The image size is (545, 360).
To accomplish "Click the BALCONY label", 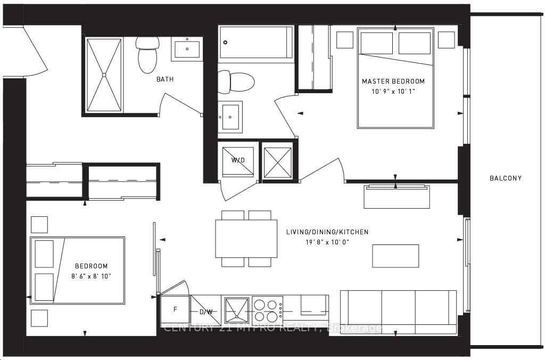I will [x=505, y=178].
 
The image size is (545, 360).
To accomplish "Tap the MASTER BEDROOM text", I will [x=393, y=81].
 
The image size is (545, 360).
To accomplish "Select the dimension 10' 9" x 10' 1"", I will [x=393, y=91].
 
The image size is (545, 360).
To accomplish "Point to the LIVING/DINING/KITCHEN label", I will [x=327, y=232].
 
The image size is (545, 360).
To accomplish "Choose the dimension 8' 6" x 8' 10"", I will [x=92, y=276].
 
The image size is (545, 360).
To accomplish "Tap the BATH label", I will [x=164, y=79].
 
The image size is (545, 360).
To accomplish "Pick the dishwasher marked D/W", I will [x=207, y=311].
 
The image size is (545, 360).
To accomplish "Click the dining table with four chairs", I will [x=246, y=239].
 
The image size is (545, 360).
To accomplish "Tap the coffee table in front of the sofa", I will [x=395, y=256].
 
